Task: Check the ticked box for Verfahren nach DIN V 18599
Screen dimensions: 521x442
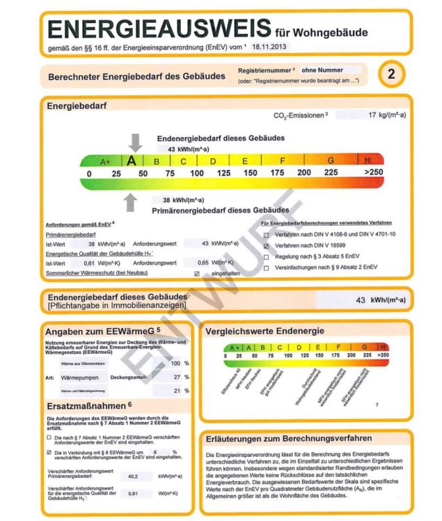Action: click(x=266, y=246)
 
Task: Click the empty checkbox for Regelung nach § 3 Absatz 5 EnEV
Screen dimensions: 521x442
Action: click(x=266, y=256)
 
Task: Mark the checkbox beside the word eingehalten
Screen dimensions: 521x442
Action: click(x=197, y=273)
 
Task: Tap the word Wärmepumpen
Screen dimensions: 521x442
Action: click(x=84, y=376)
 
